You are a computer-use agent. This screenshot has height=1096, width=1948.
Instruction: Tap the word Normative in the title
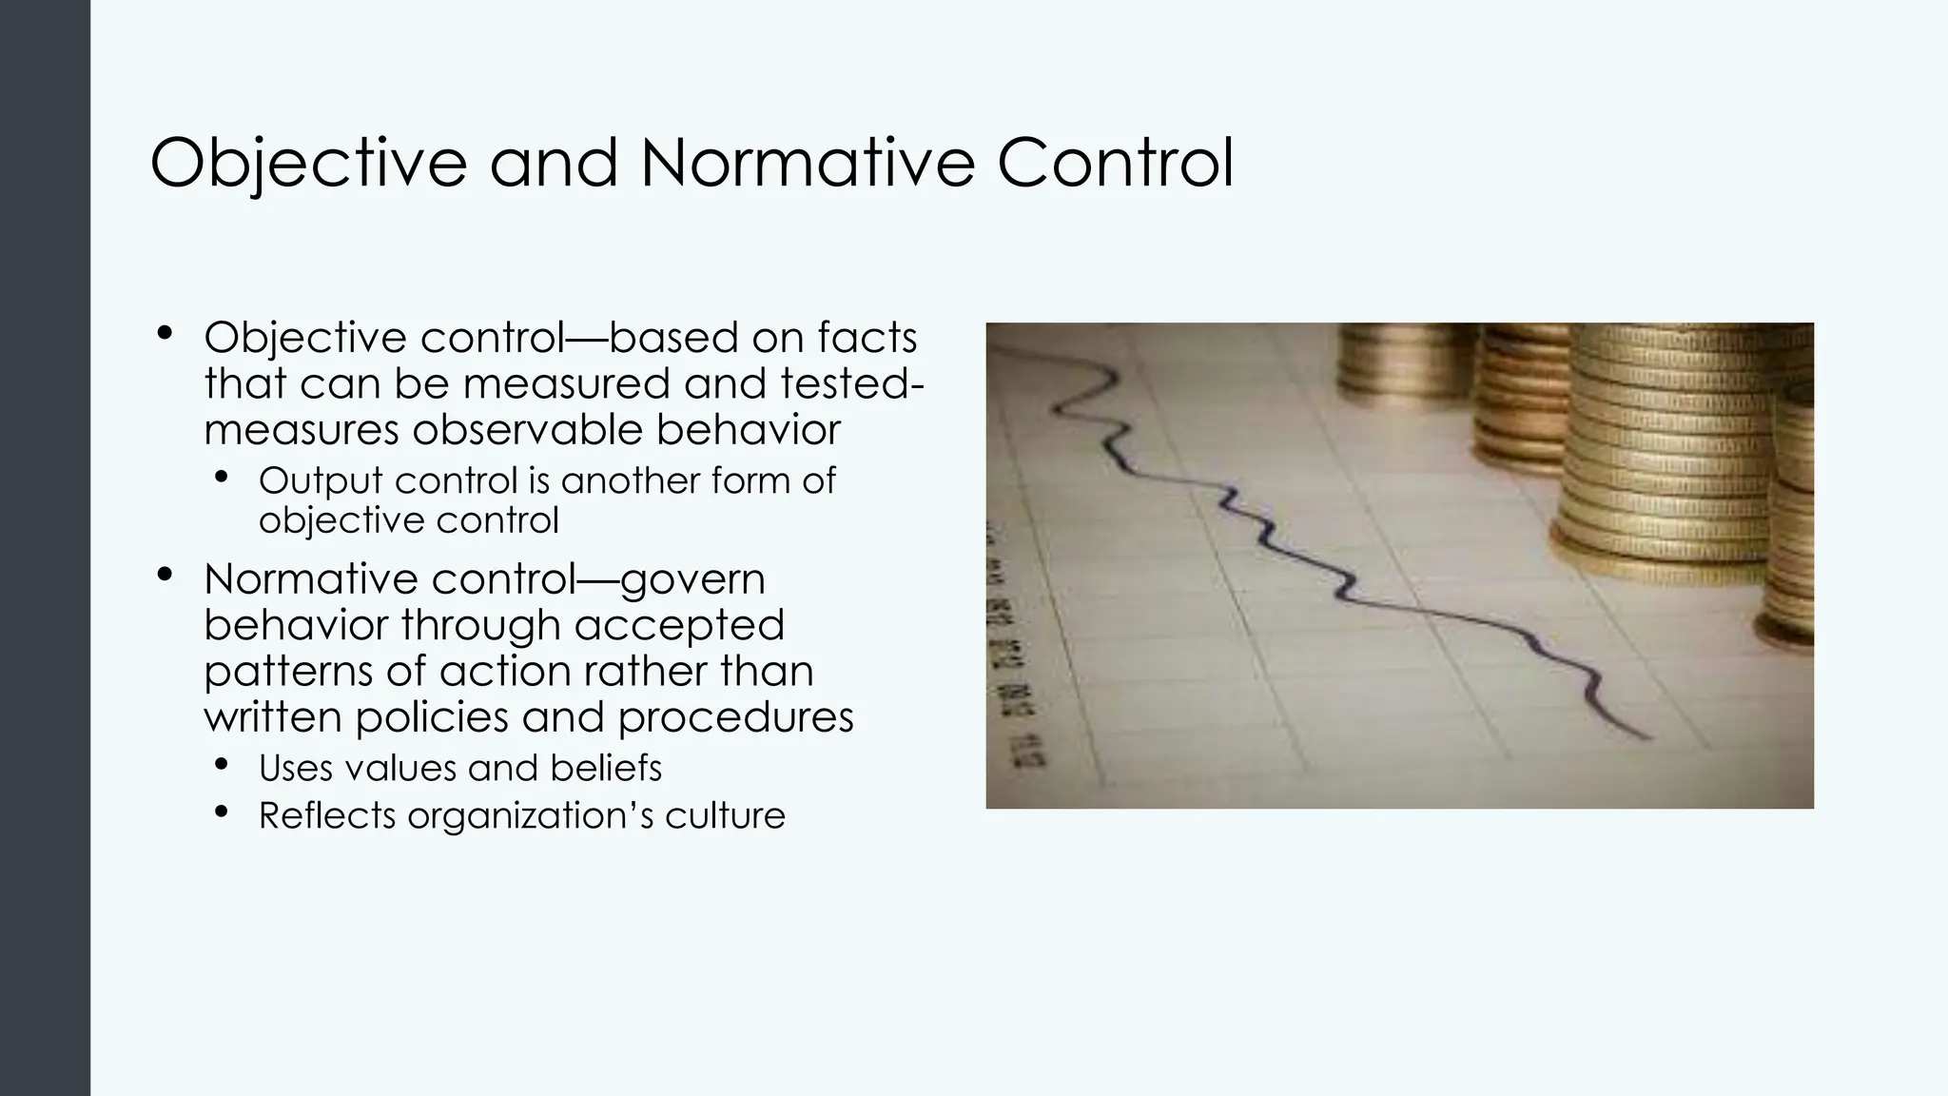[x=808, y=163]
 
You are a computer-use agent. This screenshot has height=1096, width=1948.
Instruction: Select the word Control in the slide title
[x=1115, y=163]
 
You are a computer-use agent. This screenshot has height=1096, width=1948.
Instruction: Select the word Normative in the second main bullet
[x=311, y=578]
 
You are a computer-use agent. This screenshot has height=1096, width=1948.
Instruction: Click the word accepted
[x=679, y=625]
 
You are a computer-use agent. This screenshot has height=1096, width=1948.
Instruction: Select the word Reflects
[x=326, y=815]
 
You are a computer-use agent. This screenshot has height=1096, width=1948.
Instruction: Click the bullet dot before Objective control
[x=166, y=334]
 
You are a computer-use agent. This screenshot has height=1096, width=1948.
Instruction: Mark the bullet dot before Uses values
[x=222, y=765]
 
